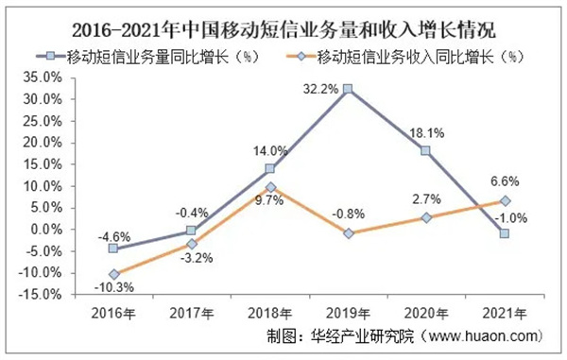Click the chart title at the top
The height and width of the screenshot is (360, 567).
[283, 20]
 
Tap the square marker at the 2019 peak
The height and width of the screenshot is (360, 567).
[349, 89]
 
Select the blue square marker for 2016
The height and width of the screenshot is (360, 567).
[114, 249]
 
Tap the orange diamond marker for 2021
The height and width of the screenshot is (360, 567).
[505, 200]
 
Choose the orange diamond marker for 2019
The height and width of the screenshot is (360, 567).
[349, 232]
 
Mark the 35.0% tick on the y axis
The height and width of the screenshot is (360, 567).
[45, 77]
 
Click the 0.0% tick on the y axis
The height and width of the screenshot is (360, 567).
[48, 229]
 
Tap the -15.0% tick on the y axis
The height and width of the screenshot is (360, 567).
[43, 294]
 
